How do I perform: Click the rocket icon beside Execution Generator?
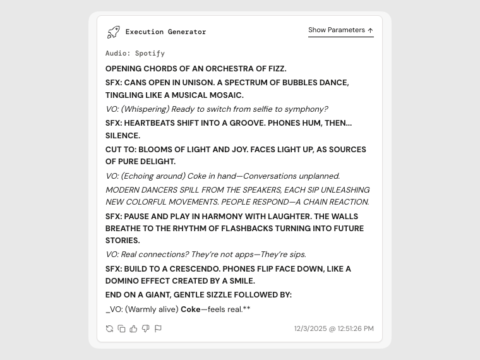(113, 32)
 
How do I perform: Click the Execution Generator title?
(165, 32)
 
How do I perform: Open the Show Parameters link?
(340, 30)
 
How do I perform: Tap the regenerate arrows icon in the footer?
(109, 328)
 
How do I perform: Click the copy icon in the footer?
(121, 328)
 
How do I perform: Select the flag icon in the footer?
(158, 328)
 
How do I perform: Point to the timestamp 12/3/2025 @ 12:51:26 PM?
(333, 328)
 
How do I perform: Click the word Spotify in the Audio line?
(150, 54)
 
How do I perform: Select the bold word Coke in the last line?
(190, 309)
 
